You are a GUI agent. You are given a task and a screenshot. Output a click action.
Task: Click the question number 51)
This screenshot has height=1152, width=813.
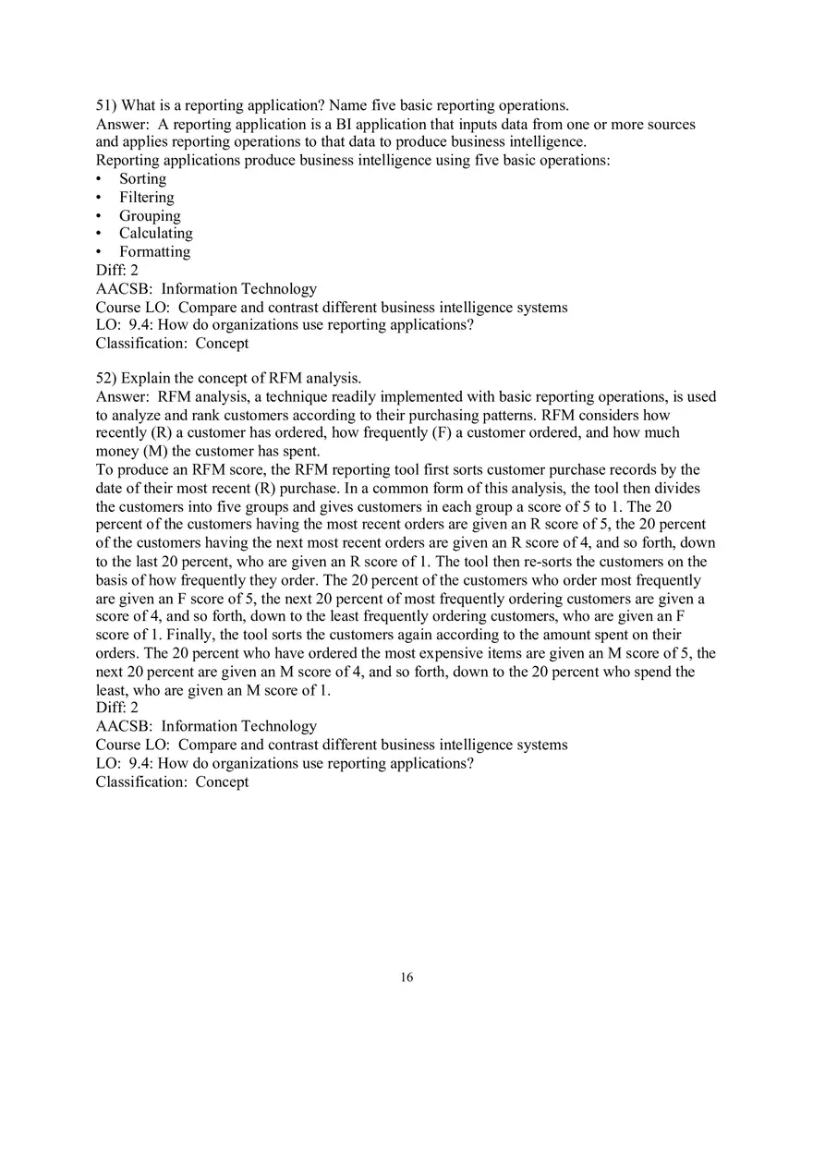point(106,105)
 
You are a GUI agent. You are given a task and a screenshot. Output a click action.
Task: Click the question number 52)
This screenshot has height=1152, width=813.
point(106,378)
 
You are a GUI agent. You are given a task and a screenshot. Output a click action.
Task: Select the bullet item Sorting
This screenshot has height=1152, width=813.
point(142,179)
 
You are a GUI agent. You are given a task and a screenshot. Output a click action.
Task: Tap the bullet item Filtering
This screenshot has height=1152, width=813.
point(146,198)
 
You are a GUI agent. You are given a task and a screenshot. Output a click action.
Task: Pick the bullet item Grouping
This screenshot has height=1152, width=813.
point(150,216)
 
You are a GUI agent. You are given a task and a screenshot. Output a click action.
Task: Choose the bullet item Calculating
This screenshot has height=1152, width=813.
point(155,234)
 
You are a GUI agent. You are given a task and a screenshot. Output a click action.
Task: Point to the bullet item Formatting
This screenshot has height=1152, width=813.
point(154,252)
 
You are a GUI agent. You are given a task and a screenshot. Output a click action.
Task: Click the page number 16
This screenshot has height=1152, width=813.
point(406,977)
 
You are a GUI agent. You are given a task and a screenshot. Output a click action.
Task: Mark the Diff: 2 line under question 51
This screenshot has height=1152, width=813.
point(117,271)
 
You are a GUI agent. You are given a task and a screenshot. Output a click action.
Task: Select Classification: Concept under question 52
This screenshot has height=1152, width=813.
point(172,782)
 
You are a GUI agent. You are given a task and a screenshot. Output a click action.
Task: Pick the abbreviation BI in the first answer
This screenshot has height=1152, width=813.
point(334,125)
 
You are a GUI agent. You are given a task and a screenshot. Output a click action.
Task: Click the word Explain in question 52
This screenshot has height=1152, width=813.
point(147,378)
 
